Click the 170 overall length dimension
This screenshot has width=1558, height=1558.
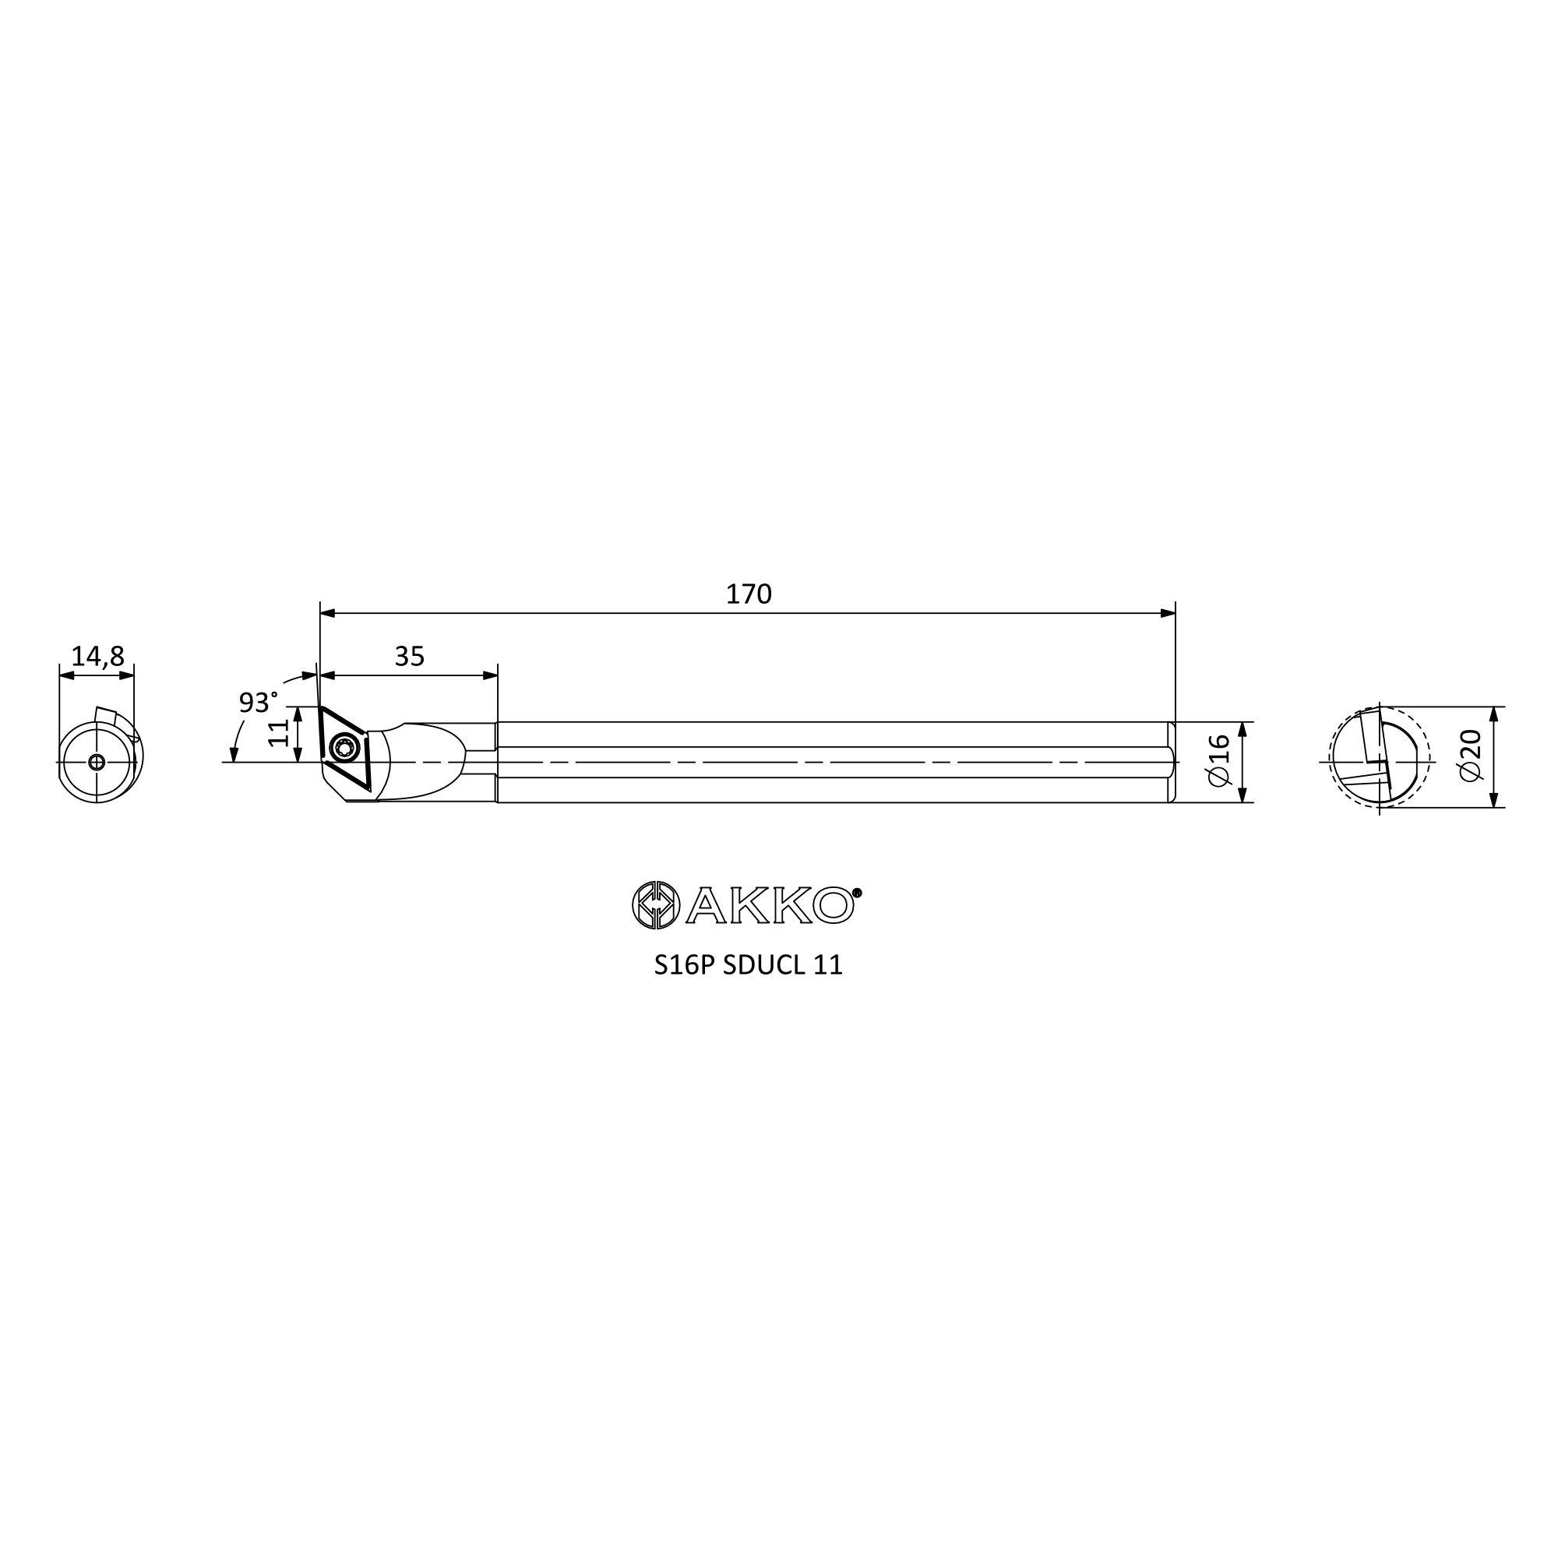pyautogui.click(x=749, y=594)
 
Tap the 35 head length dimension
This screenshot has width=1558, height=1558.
pyautogui.click(x=410, y=657)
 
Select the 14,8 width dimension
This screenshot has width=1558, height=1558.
pyautogui.click(x=97, y=657)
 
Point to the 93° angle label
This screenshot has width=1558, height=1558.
pyautogui.click(x=258, y=702)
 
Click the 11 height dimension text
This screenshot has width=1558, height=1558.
pyautogui.click(x=278, y=733)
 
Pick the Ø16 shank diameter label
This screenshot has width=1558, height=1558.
pyautogui.click(x=1218, y=760)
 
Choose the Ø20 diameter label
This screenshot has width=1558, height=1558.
pyautogui.click(x=1471, y=756)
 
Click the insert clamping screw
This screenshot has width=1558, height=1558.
pyautogui.click(x=344, y=748)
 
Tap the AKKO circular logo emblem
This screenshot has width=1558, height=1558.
pyautogui.click(x=656, y=904)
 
